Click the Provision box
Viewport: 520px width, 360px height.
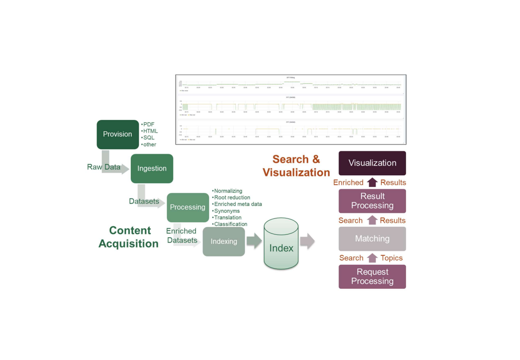[118, 135]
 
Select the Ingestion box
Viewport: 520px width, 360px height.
[151, 168]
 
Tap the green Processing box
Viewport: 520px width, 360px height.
[188, 207]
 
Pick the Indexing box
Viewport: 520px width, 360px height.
[224, 242]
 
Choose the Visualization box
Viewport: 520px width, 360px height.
[372, 163]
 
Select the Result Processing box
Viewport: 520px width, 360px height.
[372, 201]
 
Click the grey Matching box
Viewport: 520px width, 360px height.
[372, 239]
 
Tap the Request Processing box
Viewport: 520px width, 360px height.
[372, 277]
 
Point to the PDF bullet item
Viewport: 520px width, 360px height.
[149, 124]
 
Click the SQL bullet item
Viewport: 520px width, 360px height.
[149, 138]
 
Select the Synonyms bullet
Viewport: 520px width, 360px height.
[226, 211]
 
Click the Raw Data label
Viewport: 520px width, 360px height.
[104, 167]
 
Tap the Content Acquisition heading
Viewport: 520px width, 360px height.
[129, 237]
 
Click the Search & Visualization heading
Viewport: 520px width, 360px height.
[296, 166]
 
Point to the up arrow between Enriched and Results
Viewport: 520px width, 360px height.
[372, 182]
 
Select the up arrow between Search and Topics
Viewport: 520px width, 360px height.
[372, 258]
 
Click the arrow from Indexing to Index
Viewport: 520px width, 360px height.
[254, 241]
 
